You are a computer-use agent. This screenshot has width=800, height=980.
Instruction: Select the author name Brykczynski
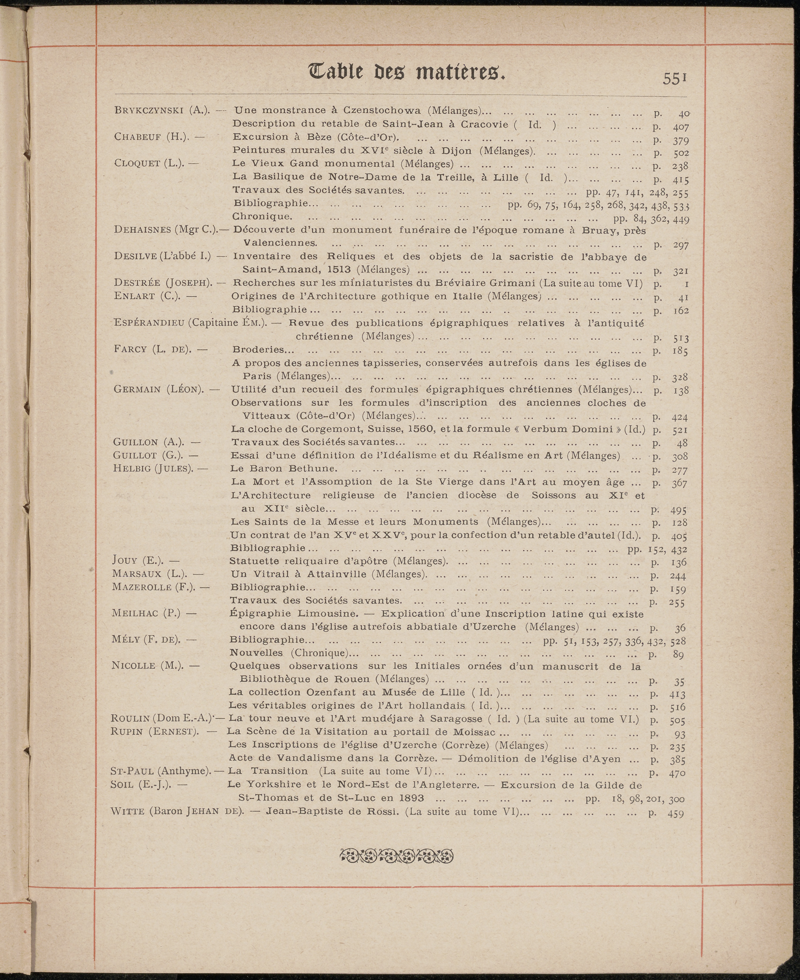149,111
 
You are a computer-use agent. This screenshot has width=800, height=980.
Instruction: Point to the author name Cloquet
137,163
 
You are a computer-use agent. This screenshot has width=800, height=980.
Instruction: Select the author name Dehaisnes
142,229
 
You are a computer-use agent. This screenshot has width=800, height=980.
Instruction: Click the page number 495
678,510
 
